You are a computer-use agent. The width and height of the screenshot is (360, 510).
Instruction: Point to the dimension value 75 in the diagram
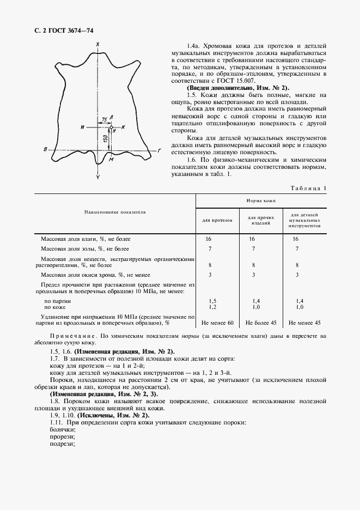104,118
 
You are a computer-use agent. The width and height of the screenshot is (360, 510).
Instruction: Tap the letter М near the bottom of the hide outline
111,160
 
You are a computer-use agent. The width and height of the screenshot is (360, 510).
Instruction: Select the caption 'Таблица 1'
309,188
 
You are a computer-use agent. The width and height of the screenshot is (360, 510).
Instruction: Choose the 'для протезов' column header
217,221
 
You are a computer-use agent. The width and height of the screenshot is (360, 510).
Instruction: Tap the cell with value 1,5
213,301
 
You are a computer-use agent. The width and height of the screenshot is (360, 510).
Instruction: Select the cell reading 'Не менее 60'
217,323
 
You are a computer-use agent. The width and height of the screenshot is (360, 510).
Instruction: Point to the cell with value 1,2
213,307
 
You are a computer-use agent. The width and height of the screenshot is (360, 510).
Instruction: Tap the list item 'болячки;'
62,429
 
